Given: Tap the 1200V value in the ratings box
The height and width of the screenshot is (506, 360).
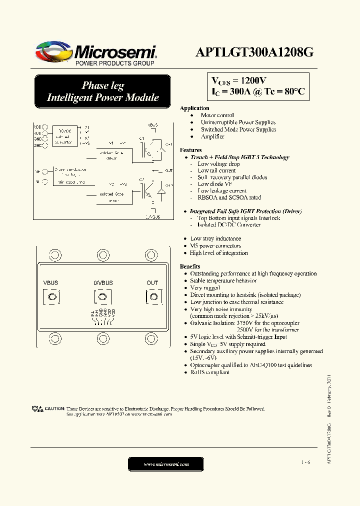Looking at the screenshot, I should click(253, 81).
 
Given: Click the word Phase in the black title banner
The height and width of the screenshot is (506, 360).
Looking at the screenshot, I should click(96, 85).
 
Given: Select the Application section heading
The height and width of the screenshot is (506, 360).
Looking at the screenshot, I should click(194, 108).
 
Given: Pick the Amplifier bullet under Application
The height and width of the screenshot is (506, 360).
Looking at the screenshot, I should click(212, 136).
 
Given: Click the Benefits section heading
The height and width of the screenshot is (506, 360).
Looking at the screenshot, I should click(190, 266).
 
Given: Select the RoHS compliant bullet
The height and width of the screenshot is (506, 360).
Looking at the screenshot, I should click(209, 372).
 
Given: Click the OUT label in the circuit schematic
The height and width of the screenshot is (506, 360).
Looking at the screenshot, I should click(169, 171).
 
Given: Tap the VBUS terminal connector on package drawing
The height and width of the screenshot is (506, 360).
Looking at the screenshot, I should click(51, 297).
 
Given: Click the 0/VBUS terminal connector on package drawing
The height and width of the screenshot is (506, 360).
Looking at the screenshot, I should click(102, 297).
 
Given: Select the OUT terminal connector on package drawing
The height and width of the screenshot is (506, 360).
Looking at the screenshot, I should click(152, 297).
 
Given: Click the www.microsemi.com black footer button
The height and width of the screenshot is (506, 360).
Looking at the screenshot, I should click(166, 464).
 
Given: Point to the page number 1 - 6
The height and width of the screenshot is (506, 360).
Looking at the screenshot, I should click(305, 462).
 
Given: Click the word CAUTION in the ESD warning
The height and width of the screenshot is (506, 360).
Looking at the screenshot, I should click(54, 408).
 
